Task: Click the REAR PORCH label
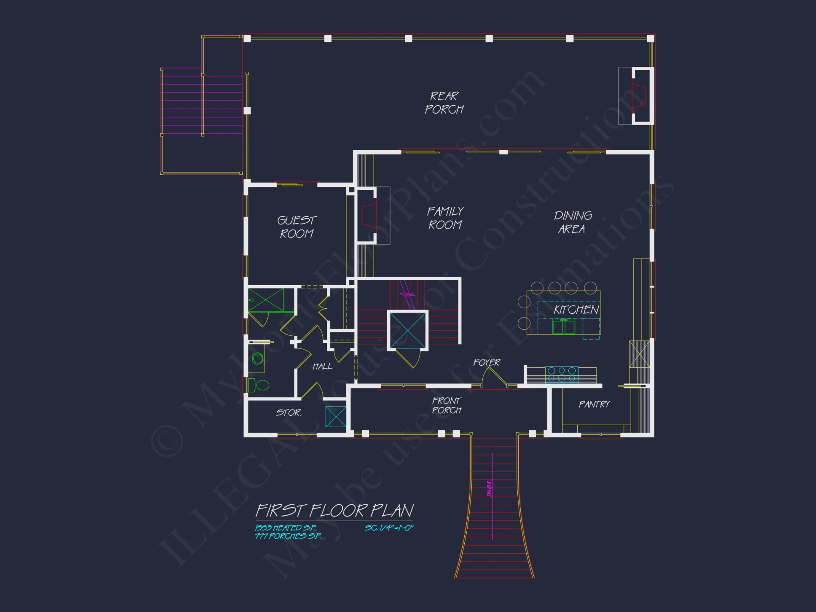(x=444, y=103)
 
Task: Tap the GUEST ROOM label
(x=297, y=227)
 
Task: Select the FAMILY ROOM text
(x=445, y=218)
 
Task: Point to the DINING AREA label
(x=572, y=222)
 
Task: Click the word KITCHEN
(x=576, y=310)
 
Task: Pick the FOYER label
(x=486, y=362)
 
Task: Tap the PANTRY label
(x=594, y=404)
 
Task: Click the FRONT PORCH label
(x=447, y=405)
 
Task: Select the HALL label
(x=322, y=366)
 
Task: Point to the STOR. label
(x=289, y=412)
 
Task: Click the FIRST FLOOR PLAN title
(x=335, y=510)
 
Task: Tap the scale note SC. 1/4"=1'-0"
(x=389, y=528)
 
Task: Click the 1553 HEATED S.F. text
(x=286, y=528)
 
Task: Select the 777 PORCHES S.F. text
(x=288, y=536)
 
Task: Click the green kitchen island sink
(x=563, y=327)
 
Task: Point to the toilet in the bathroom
(x=259, y=385)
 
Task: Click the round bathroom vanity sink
(x=257, y=359)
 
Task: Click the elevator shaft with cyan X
(x=408, y=330)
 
